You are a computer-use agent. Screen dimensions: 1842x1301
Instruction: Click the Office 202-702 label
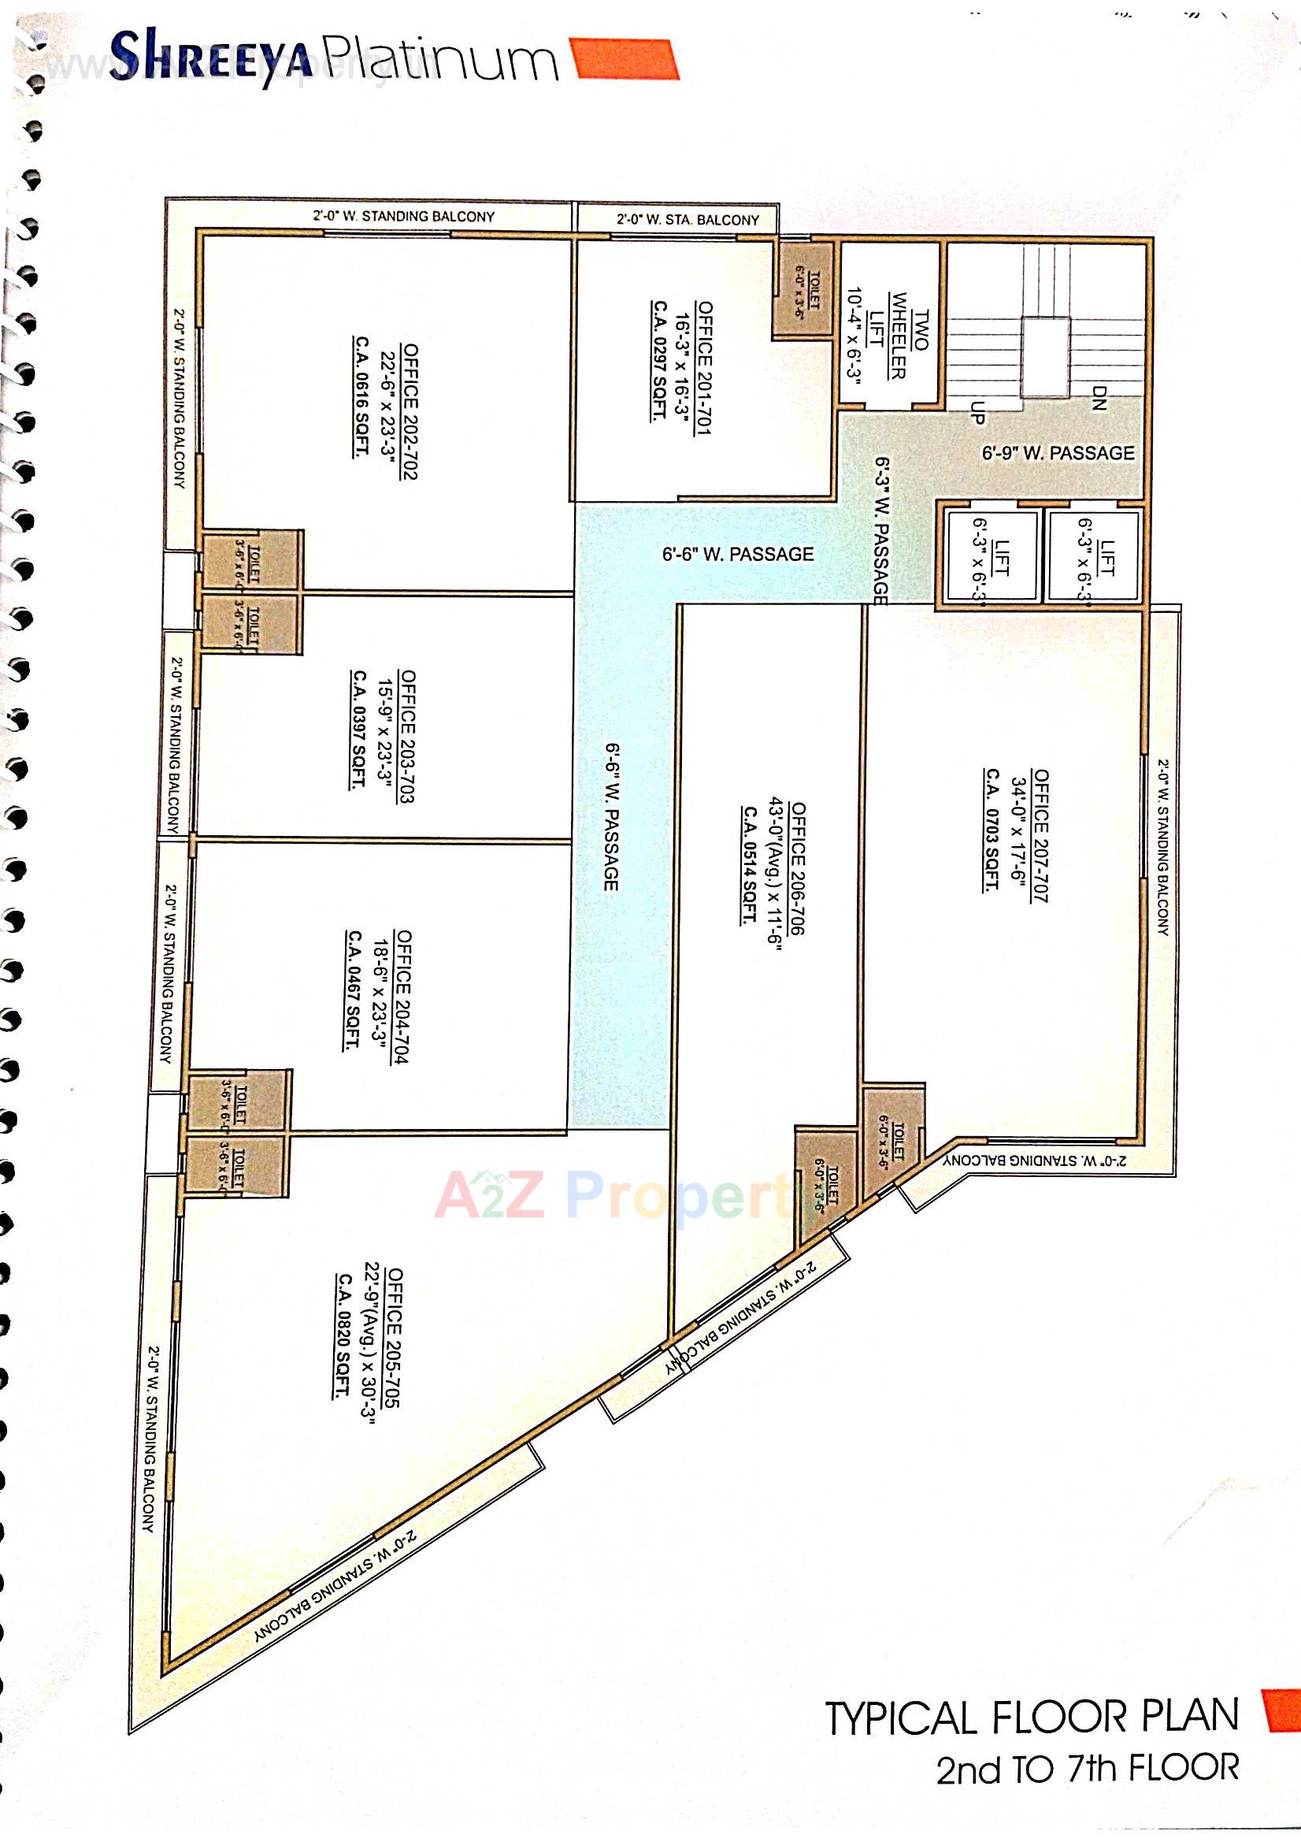pos(410,411)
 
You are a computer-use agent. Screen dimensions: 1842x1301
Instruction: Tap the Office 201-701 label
pos(703,368)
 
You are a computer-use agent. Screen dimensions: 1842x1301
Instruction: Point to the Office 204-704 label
pos(403,997)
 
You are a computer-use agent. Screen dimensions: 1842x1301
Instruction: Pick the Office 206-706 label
pos(798,869)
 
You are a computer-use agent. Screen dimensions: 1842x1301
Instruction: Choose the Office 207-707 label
pos(1040,835)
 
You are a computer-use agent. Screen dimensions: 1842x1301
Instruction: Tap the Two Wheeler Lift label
pos(899,346)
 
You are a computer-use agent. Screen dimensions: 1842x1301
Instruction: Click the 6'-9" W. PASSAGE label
pos(1058,453)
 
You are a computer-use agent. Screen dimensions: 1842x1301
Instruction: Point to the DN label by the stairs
pos(1099,398)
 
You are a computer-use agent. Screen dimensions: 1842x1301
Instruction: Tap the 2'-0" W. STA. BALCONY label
pos(688,219)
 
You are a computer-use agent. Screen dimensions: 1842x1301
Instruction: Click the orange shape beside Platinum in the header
pos(625,58)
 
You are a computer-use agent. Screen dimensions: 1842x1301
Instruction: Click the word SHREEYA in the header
pos(210,58)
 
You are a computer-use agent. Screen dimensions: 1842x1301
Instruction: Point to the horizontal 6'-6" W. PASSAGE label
pos(737,554)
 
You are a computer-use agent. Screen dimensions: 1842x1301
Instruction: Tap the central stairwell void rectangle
pos(1044,357)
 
